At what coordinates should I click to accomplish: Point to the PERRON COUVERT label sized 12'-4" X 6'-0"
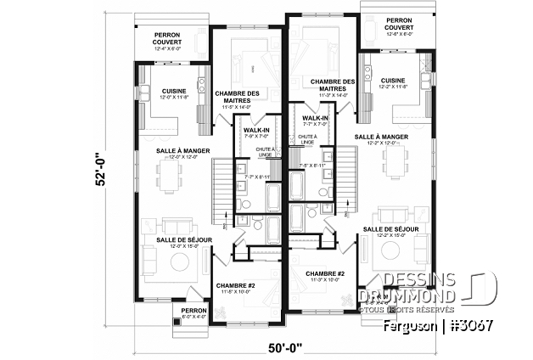[174, 41]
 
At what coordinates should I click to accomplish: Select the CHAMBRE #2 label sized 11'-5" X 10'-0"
[234, 288]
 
